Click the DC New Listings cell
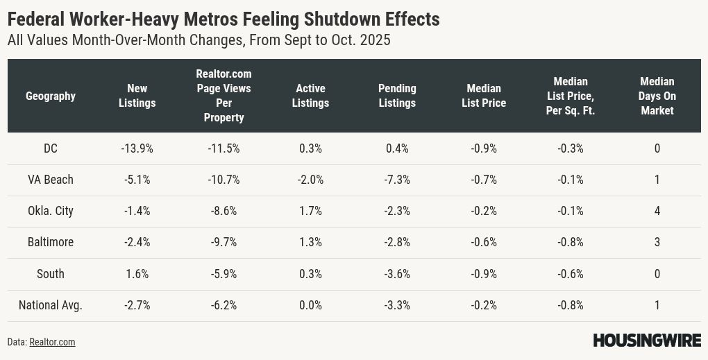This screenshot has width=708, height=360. click(137, 148)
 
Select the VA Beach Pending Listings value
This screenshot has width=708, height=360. click(397, 180)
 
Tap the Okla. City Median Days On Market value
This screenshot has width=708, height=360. click(657, 211)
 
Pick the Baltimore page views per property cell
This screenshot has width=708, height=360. click(224, 242)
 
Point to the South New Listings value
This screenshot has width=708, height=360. click(137, 274)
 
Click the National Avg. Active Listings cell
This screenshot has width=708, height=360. click(310, 305)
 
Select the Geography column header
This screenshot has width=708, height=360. click(51, 96)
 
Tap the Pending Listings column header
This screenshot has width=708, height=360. click(397, 96)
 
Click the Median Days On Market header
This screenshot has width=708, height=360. click(657, 96)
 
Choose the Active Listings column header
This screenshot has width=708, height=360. click(310, 96)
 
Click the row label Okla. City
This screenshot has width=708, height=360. click(51, 211)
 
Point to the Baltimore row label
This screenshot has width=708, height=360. click(51, 242)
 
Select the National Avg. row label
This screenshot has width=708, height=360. click(51, 305)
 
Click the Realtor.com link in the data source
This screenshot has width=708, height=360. click(52, 342)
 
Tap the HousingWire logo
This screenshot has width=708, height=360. click(647, 341)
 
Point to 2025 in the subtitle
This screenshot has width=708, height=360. click(373, 40)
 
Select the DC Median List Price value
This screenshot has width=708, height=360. click(483, 148)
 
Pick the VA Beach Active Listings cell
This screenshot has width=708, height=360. click(310, 180)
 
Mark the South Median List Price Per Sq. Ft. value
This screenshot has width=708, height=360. click(570, 274)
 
